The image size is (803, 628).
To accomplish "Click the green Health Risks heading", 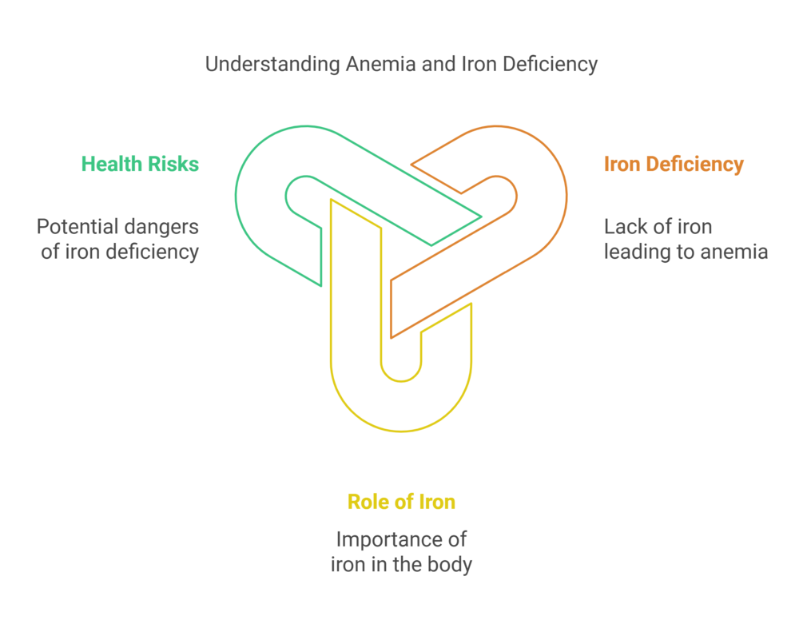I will point(140,165).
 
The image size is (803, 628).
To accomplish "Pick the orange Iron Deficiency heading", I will point(674,165).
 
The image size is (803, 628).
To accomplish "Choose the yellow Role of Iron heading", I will point(401,502).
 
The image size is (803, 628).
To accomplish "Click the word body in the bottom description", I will point(451,565).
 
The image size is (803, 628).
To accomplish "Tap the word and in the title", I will point(437,65).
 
